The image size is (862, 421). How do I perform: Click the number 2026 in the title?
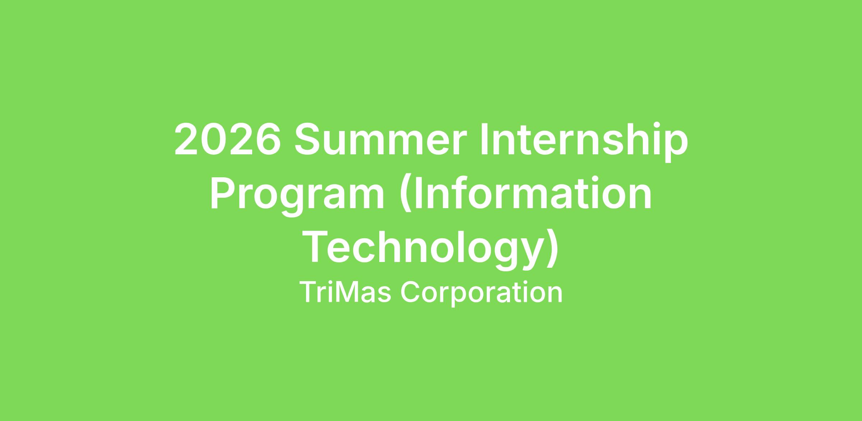coord(227,139)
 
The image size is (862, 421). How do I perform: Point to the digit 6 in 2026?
coord(267,139)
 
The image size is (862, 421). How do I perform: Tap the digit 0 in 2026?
coord(214,139)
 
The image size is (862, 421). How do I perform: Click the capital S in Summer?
coord(308,139)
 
